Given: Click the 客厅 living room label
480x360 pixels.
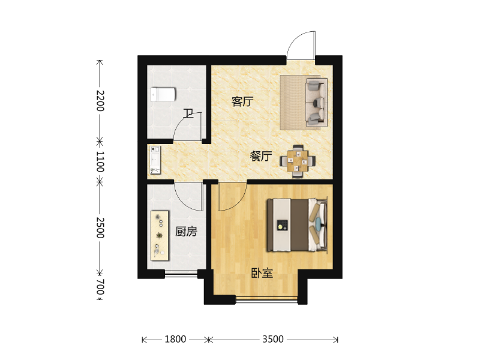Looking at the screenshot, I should point(242,102).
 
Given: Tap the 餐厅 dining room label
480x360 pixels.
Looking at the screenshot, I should point(261,157).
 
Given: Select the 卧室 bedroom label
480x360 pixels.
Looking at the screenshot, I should point(262,274).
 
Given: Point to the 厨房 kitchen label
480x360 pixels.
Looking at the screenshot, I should point(186,232).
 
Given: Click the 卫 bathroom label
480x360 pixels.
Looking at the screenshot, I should point(188,113).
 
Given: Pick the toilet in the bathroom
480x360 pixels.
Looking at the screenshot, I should point(162,94).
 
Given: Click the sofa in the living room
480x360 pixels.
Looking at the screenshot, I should point(316,103).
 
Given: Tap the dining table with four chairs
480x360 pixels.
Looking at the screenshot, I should point(298,161).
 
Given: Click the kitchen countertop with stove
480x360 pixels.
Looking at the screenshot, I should point(160,235).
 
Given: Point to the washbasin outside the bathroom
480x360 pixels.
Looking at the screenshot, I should point(155,160).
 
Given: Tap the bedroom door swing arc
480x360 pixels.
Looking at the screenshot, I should point(233,198).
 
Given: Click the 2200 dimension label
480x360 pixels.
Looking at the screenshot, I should point(100,100).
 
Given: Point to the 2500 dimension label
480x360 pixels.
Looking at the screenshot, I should point(100,228).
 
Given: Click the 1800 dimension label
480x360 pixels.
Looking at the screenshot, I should point(175,340).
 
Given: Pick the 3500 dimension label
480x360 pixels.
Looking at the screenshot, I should point(272,340).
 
